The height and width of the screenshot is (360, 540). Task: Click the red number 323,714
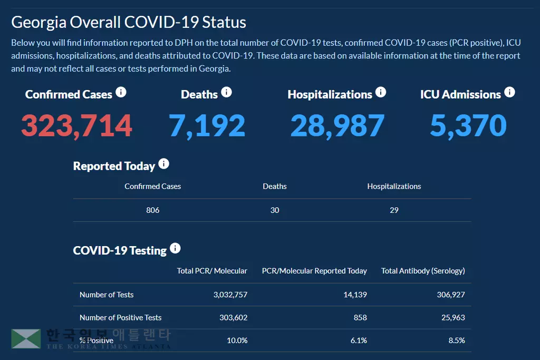(x=76, y=125)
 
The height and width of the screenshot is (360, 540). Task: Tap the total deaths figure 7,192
(x=207, y=125)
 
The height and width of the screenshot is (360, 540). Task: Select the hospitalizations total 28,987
(x=337, y=125)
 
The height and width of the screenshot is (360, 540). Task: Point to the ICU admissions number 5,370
(x=468, y=125)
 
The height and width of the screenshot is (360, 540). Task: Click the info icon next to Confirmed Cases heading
(x=121, y=93)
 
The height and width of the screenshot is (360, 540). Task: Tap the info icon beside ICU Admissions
(x=509, y=92)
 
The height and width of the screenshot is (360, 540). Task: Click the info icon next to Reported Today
(x=164, y=164)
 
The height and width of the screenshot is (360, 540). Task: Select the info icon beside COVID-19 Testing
(x=176, y=248)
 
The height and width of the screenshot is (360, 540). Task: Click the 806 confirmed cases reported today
(x=152, y=210)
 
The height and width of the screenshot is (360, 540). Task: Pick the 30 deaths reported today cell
(x=275, y=210)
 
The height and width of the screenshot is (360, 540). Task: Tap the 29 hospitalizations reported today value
(x=394, y=210)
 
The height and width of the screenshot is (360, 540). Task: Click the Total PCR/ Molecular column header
(x=212, y=271)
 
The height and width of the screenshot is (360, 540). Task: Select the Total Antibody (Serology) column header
(x=423, y=271)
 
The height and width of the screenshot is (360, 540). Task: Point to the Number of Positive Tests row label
(x=120, y=317)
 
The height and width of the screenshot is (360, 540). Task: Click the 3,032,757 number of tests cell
(x=230, y=295)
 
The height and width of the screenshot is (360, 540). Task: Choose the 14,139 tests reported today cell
(x=355, y=295)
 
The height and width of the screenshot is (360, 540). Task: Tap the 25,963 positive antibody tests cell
(x=451, y=317)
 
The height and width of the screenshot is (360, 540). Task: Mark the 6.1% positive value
(x=359, y=340)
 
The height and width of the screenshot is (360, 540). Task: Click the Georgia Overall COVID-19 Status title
(x=129, y=22)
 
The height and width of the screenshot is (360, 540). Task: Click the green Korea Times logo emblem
(x=26, y=339)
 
